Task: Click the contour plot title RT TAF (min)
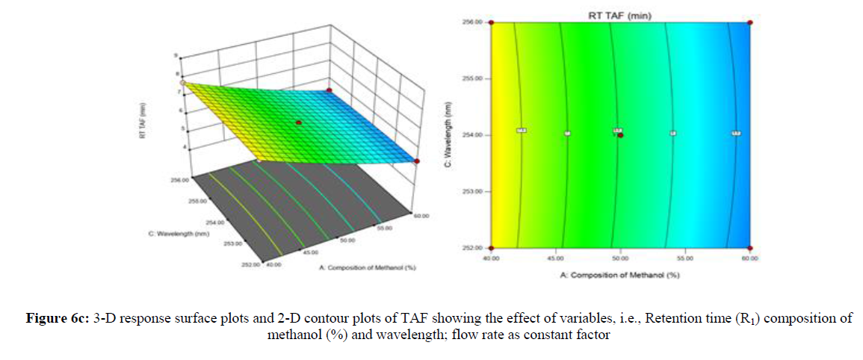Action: (x=619, y=15)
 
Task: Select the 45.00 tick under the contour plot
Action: (x=555, y=258)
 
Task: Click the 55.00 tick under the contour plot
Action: (x=684, y=258)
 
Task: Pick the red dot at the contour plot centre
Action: (x=620, y=135)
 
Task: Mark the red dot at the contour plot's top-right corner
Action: (x=749, y=22)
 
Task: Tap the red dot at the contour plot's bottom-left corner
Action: (x=492, y=248)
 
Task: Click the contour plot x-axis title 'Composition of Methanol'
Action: (x=620, y=275)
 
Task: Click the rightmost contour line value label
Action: (x=736, y=133)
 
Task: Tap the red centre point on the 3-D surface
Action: (x=298, y=122)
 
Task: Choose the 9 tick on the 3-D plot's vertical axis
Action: (x=175, y=56)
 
